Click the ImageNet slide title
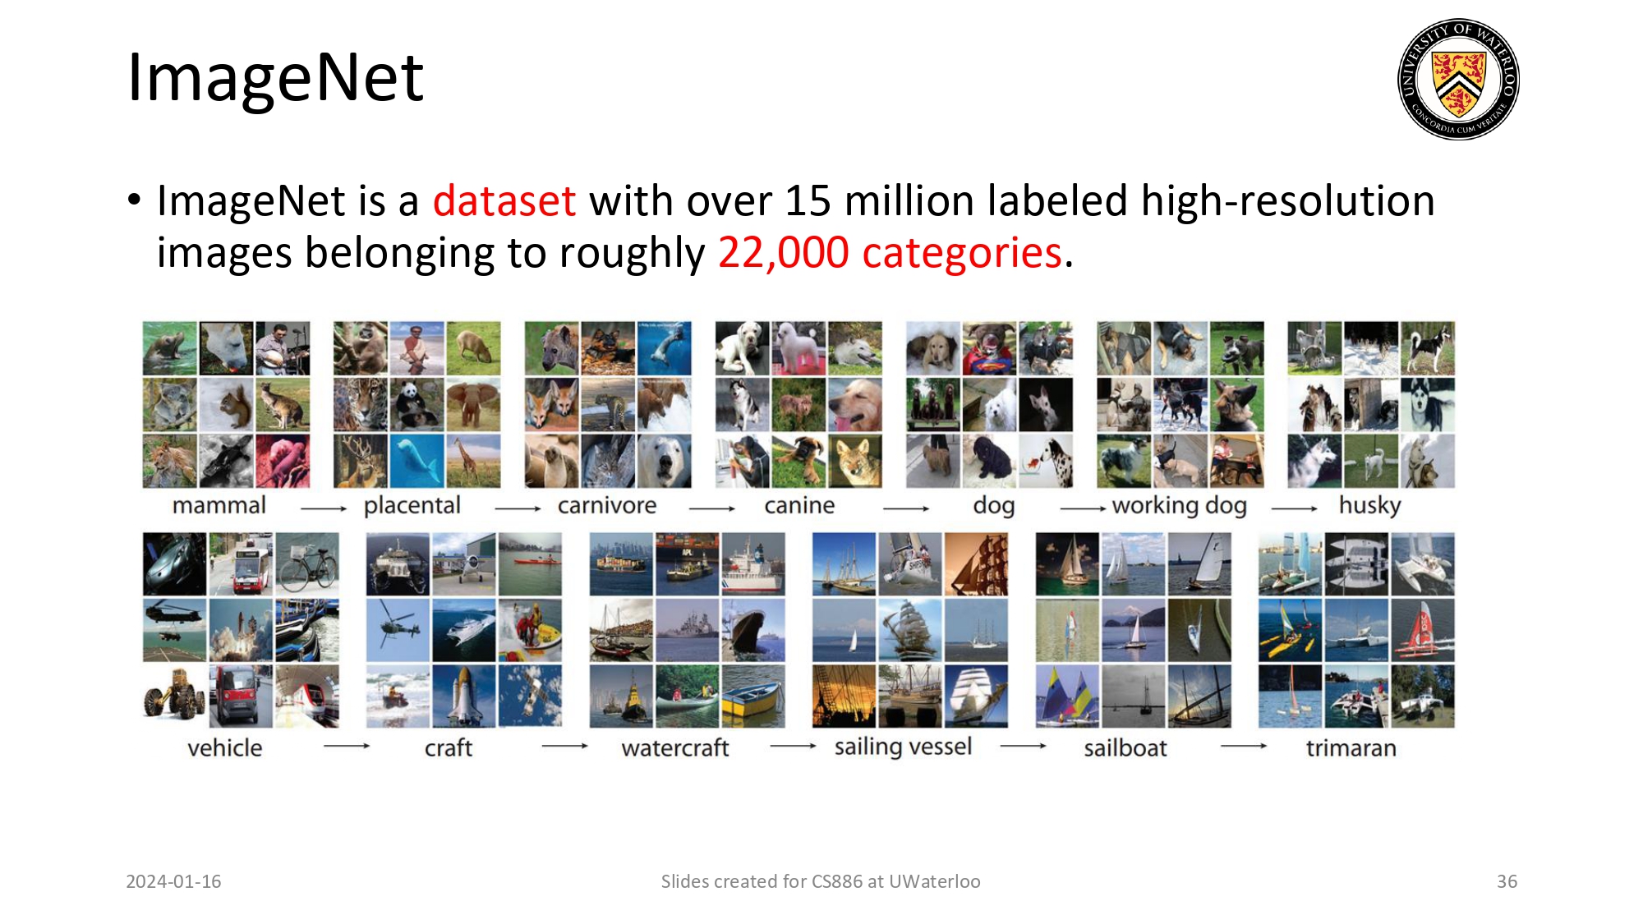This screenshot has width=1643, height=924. tap(275, 78)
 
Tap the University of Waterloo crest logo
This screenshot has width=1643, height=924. tap(1458, 80)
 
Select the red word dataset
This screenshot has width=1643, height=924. tap(504, 201)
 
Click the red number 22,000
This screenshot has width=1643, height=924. tap(783, 253)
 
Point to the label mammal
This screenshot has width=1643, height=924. tap(219, 505)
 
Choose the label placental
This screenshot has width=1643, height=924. tap(412, 505)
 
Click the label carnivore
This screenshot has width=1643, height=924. tap(607, 505)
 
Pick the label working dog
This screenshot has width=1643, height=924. tap(1179, 505)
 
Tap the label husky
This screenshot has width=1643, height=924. tap(1369, 505)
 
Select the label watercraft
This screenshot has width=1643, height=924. tap(674, 748)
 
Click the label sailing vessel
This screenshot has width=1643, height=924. tap(903, 747)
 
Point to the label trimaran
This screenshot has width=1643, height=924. tap(1351, 748)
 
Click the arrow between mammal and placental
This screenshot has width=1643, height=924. tap(324, 509)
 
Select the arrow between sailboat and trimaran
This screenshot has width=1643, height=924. tap(1243, 747)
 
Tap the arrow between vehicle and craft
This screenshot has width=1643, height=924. tap(347, 747)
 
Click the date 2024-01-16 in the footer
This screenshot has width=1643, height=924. tap(173, 881)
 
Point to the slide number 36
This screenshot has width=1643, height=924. tap(1507, 881)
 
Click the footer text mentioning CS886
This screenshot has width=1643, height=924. tap(820, 881)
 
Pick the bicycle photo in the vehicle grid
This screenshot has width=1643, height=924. tap(307, 563)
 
